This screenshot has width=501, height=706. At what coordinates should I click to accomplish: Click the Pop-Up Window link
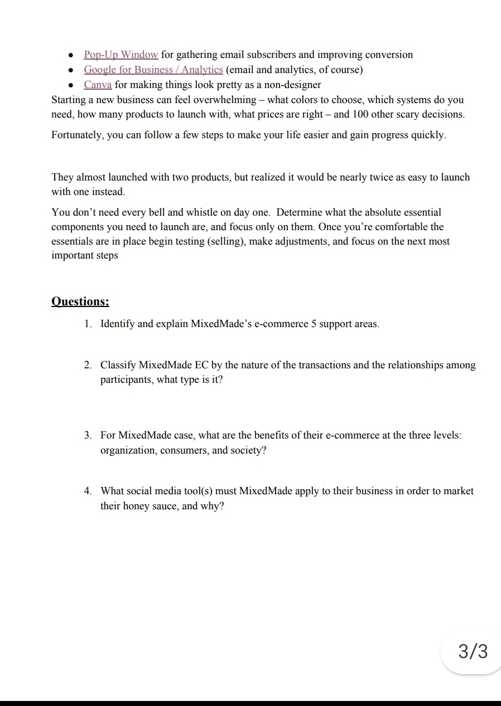pyautogui.click(x=121, y=55)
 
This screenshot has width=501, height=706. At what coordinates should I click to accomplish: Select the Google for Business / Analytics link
pyautogui.click(x=153, y=70)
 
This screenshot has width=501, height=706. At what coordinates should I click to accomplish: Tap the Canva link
pyautogui.click(x=98, y=85)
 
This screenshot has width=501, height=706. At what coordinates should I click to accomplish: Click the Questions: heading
pyautogui.click(x=80, y=301)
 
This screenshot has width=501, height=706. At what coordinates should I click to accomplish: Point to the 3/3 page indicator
pyautogui.click(x=473, y=651)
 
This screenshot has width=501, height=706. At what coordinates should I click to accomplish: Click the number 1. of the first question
pyautogui.click(x=88, y=324)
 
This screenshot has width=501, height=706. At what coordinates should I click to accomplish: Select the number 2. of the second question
pyautogui.click(x=88, y=366)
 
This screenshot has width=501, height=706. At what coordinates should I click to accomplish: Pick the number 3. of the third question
pyautogui.click(x=88, y=435)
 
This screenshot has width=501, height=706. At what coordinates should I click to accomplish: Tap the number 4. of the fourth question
pyautogui.click(x=88, y=491)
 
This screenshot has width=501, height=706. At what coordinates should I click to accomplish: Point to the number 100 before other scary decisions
pyautogui.click(x=343, y=115)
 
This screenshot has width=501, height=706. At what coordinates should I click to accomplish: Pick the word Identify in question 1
pyautogui.click(x=117, y=324)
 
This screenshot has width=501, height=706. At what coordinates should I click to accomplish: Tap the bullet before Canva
pyautogui.click(x=70, y=85)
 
